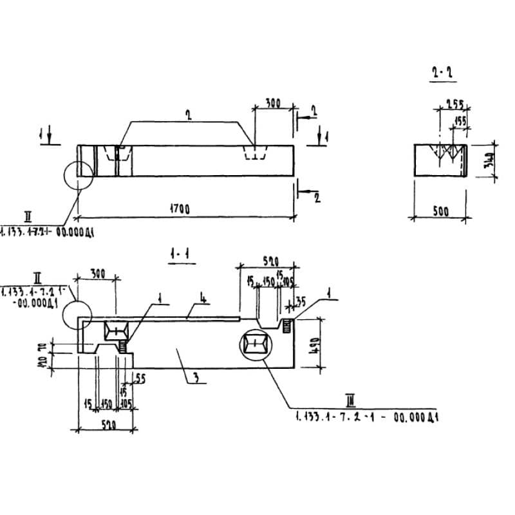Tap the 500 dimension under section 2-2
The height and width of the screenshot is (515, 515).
(x=440, y=212)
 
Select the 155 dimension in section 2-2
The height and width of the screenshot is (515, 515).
(x=460, y=120)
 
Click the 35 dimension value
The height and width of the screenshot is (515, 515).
(x=300, y=301)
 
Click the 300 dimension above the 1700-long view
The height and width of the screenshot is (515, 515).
(x=273, y=104)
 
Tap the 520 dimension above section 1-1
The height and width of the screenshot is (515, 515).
(x=270, y=261)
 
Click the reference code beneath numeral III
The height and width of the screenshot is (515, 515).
(x=367, y=417)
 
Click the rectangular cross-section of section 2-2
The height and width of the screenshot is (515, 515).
(x=440, y=159)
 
